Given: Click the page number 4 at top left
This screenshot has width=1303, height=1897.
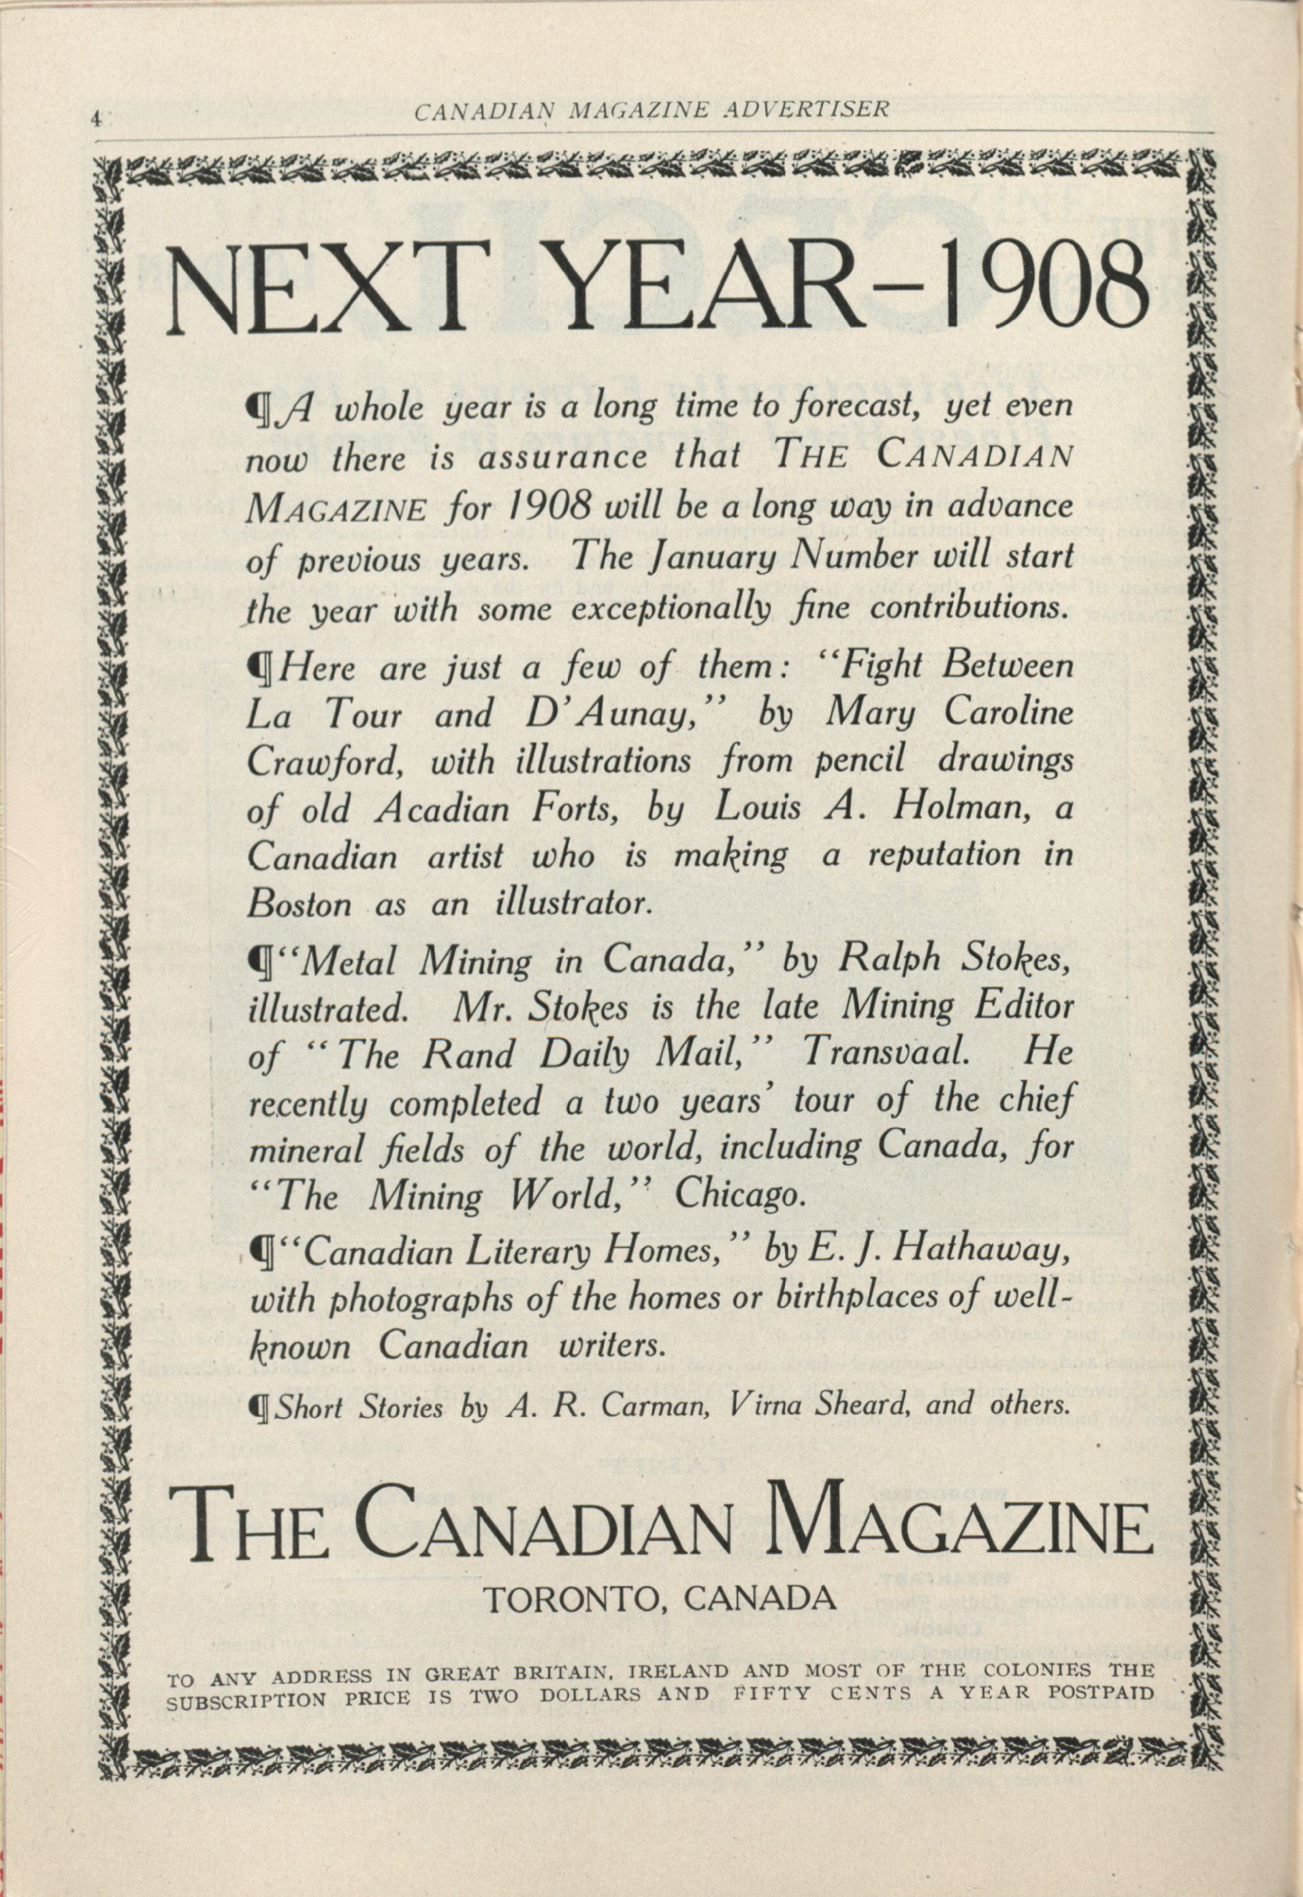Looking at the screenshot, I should [95, 118].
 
